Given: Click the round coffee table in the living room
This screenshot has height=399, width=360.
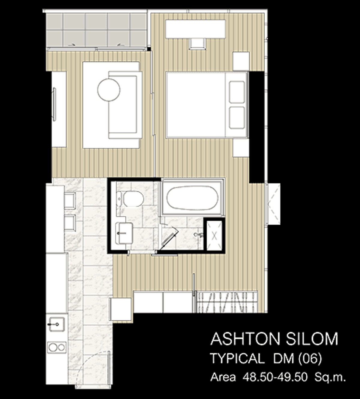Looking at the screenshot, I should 109,89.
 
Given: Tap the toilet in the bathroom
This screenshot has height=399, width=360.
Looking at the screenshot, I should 133,199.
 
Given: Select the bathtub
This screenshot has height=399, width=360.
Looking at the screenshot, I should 192,198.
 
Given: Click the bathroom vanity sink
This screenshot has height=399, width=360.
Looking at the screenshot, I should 124,232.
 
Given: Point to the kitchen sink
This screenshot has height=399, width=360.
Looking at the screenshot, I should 56,324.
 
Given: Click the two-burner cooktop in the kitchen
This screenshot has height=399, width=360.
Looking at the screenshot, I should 57,347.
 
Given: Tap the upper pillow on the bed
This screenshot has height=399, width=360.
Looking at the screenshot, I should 237,92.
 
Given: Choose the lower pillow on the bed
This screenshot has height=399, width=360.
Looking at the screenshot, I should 237,117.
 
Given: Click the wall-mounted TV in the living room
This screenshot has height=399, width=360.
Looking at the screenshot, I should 54,104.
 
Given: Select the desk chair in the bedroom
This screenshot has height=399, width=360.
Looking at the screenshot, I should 197,43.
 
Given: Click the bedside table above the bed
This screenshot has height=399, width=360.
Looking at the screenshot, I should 241,61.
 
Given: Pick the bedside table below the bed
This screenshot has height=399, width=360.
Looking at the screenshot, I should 241,147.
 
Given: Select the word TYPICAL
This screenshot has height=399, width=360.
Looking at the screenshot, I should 237,358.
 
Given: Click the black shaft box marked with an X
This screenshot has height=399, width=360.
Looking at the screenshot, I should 214,235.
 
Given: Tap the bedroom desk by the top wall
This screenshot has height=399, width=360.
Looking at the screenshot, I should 195,29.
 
